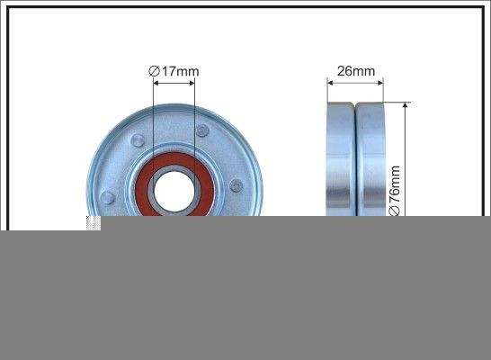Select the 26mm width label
tap(356, 69)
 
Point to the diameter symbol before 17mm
tap(154, 69)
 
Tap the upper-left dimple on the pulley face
tap(137, 139)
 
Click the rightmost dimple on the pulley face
tap(236, 185)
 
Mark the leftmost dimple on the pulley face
tap(108, 197)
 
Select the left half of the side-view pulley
tap(341, 162)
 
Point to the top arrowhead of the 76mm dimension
tap(406, 106)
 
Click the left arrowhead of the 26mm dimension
tap(330, 83)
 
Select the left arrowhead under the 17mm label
tap(156, 83)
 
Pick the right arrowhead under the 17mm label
tap(191, 83)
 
